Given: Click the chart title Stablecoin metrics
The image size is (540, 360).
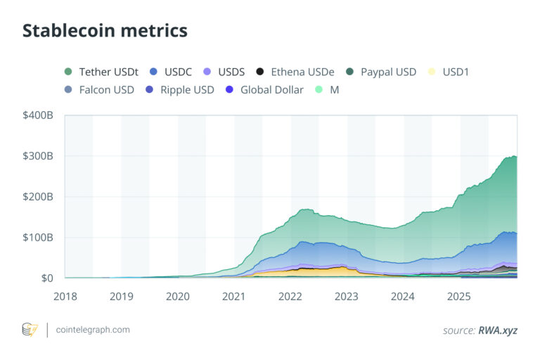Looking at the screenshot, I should [x=105, y=31].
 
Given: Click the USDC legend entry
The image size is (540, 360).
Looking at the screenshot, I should [x=173, y=72].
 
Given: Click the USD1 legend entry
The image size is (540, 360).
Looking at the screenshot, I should [x=452, y=72].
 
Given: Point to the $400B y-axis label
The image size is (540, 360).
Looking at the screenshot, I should [x=38, y=115].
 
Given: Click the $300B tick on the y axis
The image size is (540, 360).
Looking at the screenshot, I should [x=38, y=156].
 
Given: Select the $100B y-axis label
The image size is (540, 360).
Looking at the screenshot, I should [x=38, y=238].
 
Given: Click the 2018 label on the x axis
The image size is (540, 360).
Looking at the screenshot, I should [x=65, y=297].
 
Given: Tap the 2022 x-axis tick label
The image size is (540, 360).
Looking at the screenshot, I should [x=290, y=297].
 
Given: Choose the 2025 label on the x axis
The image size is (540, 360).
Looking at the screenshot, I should [x=460, y=297].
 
